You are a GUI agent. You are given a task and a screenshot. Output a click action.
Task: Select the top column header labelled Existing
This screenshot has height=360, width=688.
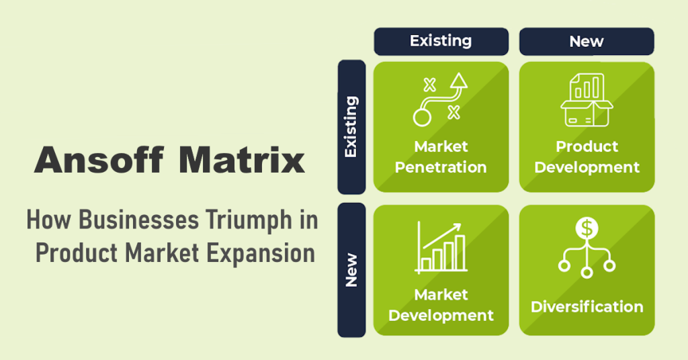pos(441,41)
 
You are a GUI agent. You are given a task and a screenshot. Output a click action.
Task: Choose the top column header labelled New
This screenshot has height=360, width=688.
pos(586,41)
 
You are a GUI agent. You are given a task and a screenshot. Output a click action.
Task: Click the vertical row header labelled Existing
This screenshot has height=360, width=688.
pos(351,127)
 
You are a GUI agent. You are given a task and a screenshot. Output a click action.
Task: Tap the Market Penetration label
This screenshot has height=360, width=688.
pos(441,156)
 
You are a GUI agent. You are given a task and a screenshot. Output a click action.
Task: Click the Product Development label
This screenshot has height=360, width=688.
pos(587,156)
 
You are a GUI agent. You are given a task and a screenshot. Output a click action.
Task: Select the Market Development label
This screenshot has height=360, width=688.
pos(441,305)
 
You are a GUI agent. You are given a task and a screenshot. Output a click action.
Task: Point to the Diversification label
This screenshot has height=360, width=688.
pos(587,307)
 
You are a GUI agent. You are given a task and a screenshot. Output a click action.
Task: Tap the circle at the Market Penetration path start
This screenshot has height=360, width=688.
pos(421,118)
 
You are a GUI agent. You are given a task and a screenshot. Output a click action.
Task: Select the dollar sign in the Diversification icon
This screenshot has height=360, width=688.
pos(587,229)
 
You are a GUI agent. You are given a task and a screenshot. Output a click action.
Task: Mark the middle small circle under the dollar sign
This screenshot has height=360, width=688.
pos(587,272)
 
